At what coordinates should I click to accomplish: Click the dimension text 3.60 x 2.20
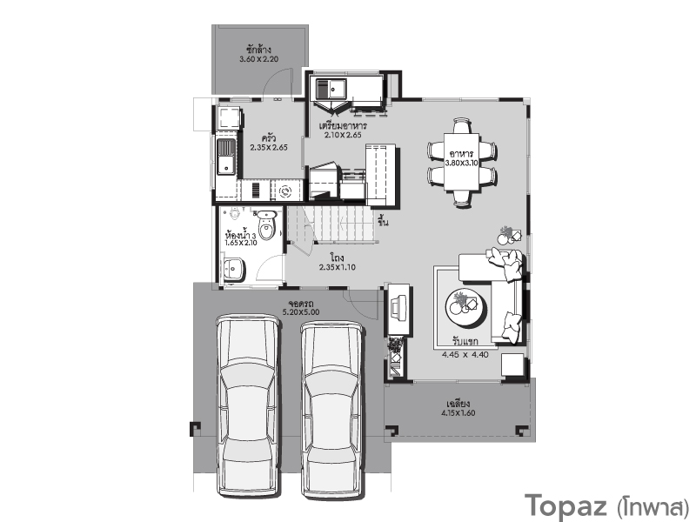coord(258,59)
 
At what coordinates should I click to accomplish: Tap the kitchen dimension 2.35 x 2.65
coord(269,147)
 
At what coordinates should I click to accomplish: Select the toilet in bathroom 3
coord(266,224)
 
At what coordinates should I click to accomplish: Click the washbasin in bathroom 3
coord(233,269)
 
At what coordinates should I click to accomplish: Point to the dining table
coord(462,161)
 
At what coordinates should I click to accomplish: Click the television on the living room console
coord(396,306)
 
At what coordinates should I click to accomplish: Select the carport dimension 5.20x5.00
coord(301,312)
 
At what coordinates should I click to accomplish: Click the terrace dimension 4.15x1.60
coord(458,412)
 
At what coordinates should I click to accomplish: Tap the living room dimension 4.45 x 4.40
coord(465,355)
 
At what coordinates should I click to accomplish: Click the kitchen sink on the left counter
coord(226,157)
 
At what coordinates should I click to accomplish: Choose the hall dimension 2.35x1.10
coord(338,267)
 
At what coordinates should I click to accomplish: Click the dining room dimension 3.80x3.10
coord(462,163)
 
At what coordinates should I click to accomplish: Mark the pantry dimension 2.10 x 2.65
coord(343,135)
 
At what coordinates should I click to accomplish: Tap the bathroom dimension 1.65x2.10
coord(241,243)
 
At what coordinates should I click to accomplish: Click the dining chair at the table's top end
coord(462,125)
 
